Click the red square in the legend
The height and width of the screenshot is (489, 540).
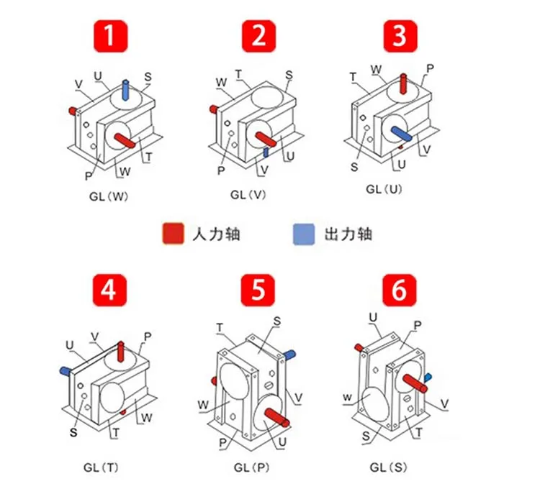pos(172,234)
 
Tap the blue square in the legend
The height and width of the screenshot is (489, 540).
pos(302,234)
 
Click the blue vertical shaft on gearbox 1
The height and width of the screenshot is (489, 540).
pos(127,91)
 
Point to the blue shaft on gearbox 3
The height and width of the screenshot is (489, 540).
pos(401,132)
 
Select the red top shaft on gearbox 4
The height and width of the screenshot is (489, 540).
pos(120,351)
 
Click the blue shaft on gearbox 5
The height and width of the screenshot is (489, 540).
pos(289,354)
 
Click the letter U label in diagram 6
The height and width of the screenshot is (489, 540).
pos(373,316)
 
